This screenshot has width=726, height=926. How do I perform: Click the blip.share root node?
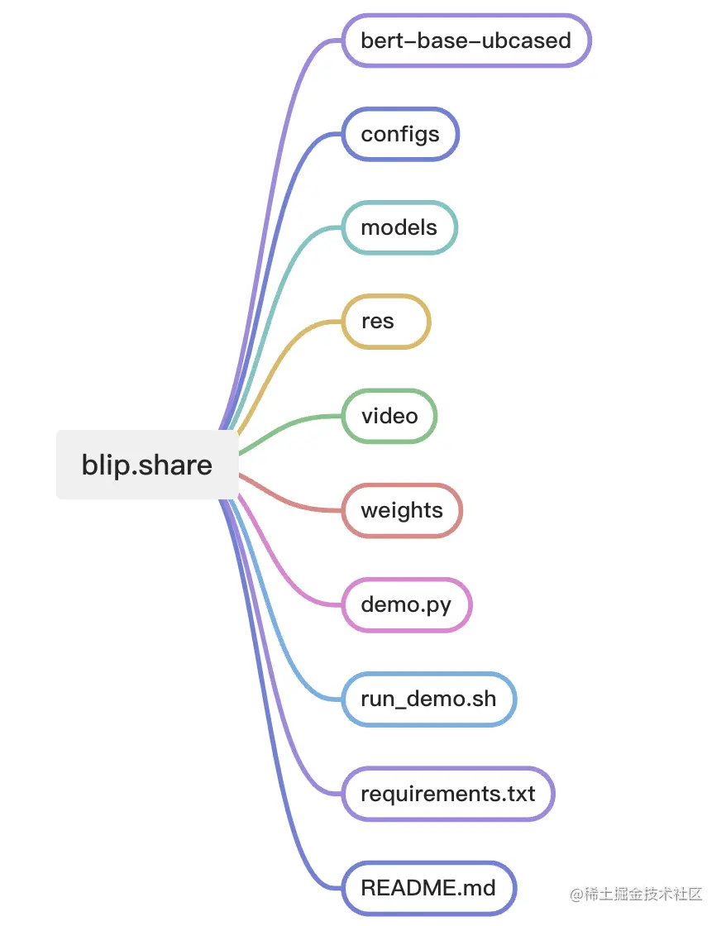(x=147, y=465)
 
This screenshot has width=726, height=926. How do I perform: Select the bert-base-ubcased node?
(x=466, y=40)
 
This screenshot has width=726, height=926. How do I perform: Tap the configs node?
(x=400, y=134)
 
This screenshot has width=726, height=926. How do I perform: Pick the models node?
(x=399, y=227)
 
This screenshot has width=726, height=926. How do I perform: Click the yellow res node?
(x=386, y=322)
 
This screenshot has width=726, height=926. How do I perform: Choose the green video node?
(x=389, y=416)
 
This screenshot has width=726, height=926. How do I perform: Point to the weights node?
(x=402, y=510)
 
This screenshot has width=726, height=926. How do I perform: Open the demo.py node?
(x=407, y=604)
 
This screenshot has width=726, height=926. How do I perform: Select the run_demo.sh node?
(x=429, y=699)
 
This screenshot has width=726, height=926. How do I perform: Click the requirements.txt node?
(x=448, y=794)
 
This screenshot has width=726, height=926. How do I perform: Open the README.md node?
(x=429, y=889)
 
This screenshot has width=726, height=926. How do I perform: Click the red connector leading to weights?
(x=289, y=501)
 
